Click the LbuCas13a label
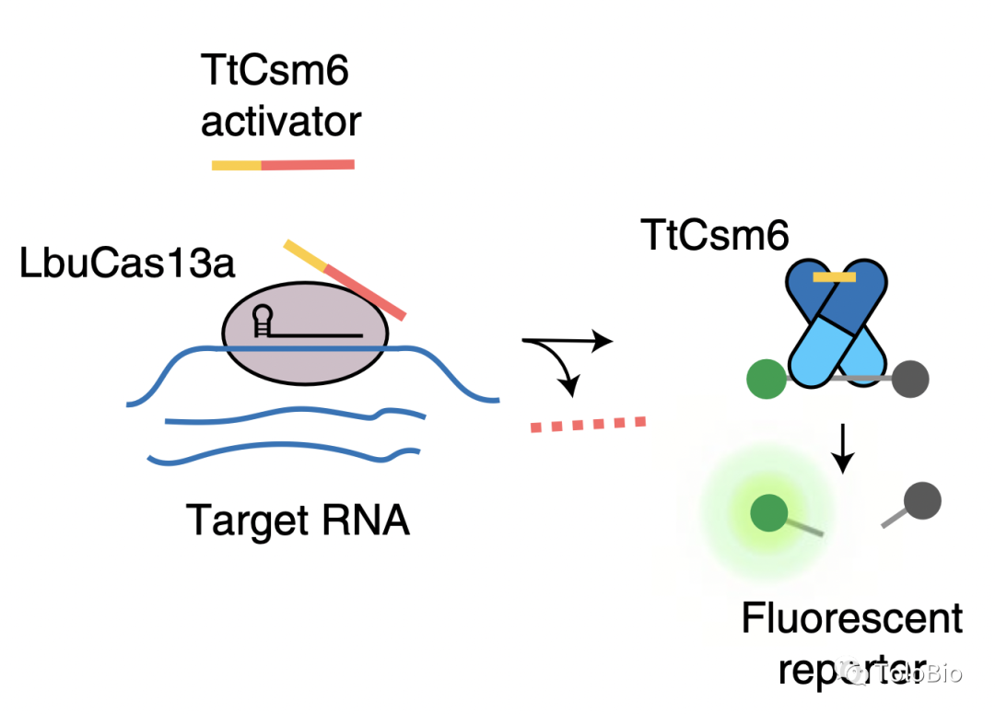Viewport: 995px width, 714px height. (x=128, y=265)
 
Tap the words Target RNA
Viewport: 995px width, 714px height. (x=298, y=520)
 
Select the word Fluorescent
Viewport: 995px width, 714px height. (x=852, y=618)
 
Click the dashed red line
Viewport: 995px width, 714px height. (x=588, y=424)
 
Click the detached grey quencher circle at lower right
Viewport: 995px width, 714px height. (x=921, y=502)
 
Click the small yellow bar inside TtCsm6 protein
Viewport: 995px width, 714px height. (x=835, y=275)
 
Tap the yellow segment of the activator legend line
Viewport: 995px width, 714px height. (x=237, y=166)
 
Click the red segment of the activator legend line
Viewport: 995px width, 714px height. (x=308, y=165)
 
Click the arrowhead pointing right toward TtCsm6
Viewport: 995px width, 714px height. (x=603, y=343)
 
